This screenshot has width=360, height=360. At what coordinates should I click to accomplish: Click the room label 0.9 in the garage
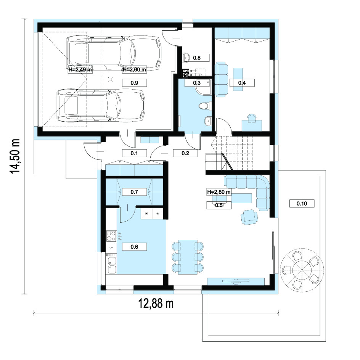[134, 83]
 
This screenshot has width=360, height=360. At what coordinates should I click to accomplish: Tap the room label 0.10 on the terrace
[302, 203]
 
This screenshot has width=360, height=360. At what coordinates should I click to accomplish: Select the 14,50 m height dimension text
[15, 156]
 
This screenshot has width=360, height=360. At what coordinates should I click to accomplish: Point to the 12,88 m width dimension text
[156, 304]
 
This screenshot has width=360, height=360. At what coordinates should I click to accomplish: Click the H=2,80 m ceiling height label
[219, 192]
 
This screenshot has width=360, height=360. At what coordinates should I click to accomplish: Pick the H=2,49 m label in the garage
[80, 69]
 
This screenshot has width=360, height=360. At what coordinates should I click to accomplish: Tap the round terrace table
[302, 268]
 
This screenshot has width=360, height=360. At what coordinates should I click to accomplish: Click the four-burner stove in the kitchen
[111, 236]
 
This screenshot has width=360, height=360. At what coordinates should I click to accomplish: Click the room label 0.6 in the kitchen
[134, 247]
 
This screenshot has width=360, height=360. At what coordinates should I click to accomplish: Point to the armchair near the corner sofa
[249, 217]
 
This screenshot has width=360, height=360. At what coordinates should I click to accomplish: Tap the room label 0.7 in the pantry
[134, 192]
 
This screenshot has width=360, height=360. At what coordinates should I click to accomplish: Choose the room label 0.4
[242, 83]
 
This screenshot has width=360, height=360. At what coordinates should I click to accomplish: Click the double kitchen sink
[112, 265]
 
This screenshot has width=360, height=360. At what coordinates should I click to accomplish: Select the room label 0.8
[197, 58]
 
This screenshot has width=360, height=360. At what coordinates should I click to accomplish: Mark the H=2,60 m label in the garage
[134, 69]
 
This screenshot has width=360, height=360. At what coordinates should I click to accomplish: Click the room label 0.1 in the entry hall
[134, 153]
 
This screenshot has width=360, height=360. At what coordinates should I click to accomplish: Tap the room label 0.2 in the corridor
[185, 153]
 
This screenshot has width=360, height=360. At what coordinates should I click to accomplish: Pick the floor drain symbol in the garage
[111, 79]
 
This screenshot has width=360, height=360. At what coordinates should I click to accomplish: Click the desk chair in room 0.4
[252, 117]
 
